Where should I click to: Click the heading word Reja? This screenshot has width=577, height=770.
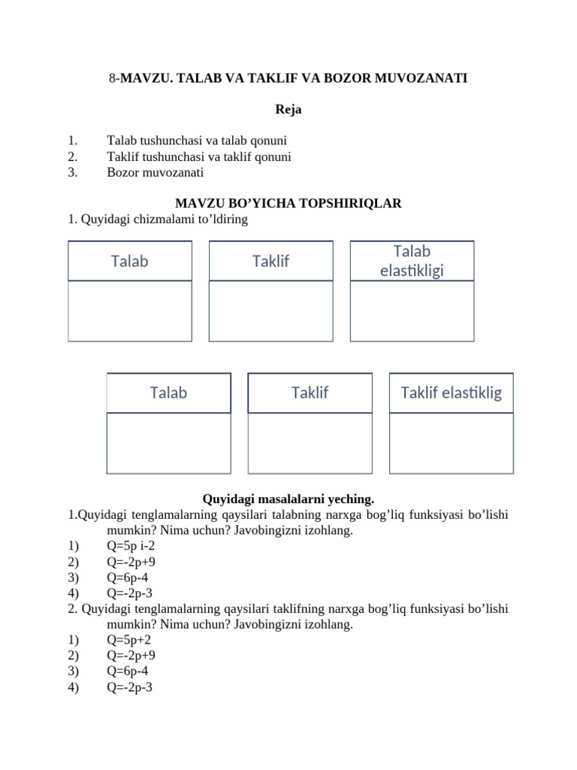(288, 110)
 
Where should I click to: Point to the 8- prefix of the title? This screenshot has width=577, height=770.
(113, 77)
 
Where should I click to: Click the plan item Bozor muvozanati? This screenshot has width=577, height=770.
(156, 172)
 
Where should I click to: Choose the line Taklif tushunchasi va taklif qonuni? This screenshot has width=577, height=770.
(199, 156)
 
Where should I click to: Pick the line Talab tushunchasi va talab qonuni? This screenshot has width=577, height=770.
(197, 141)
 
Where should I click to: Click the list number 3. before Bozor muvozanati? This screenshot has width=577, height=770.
(72, 172)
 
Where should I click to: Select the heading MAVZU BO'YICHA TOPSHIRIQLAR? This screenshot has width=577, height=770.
(288, 203)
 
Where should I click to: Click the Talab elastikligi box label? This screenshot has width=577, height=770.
(412, 261)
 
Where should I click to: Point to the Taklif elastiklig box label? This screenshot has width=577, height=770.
(451, 393)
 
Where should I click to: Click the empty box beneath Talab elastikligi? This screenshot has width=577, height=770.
(412, 311)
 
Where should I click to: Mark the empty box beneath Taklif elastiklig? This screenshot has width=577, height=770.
(451, 443)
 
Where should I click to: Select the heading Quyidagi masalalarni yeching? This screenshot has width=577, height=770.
(288, 499)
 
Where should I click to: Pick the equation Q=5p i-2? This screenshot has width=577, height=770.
(131, 546)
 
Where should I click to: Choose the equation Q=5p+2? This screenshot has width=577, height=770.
(129, 640)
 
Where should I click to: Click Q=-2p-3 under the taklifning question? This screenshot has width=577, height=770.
(129, 687)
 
